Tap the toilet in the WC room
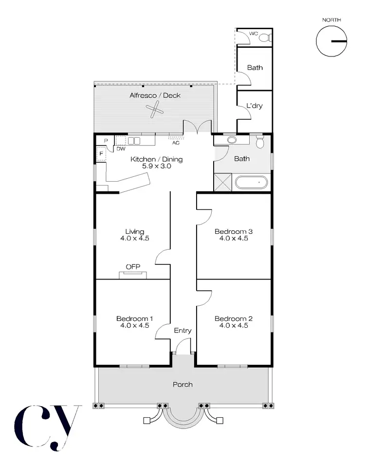click(x=264, y=37)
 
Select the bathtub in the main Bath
click(x=252, y=183)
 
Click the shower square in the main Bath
click(x=223, y=183)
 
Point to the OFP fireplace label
click(x=133, y=267)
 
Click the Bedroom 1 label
click(x=134, y=319)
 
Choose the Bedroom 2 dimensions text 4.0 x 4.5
click(x=234, y=326)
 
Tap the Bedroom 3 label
click(x=234, y=232)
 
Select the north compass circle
click(x=331, y=41)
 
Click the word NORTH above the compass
click(x=331, y=20)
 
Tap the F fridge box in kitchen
click(x=101, y=154)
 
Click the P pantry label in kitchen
click(x=105, y=141)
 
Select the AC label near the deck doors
click(x=176, y=143)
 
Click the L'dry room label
click(x=255, y=106)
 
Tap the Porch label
click(x=182, y=385)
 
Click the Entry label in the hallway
click(x=182, y=331)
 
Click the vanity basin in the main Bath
click(x=232, y=140)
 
